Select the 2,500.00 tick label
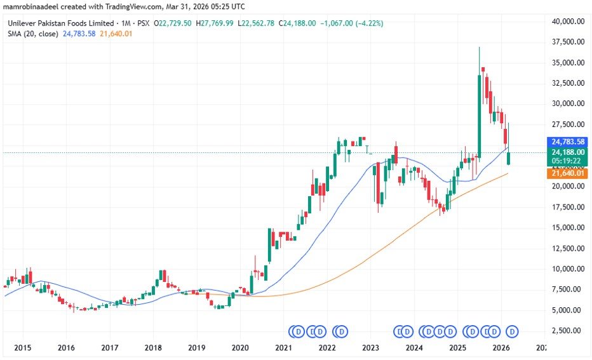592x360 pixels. [567, 331]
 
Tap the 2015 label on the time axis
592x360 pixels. [23, 348]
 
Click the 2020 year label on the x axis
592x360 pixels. [240, 348]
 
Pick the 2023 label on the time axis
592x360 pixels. [370, 348]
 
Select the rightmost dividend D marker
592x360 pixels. [512, 331]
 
